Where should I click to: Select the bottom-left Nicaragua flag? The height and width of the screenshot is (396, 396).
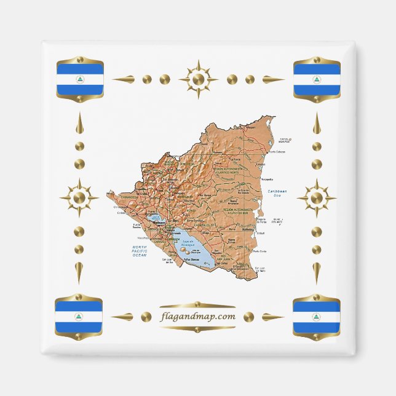[x=79, y=317]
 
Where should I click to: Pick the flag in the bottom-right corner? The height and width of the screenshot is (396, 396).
[x=317, y=317]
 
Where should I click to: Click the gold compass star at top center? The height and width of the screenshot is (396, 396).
[x=198, y=79]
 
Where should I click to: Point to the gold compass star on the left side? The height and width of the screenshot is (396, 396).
[x=79, y=198]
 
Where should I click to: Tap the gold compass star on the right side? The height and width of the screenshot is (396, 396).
[x=317, y=198]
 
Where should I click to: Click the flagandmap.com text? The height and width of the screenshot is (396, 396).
[x=197, y=317]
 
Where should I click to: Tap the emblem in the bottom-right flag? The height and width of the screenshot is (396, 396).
[x=317, y=317]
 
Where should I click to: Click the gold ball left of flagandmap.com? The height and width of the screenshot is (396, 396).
[x=146, y=317]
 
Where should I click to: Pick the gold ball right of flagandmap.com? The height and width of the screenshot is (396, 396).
[x=249, y=317]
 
